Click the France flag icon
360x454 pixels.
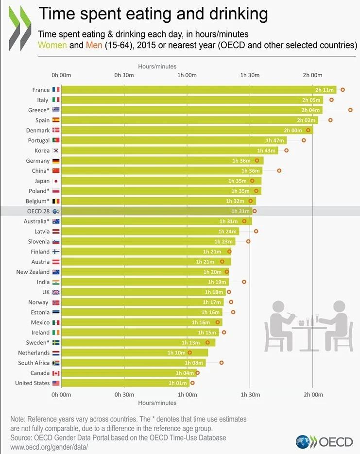point(56,90)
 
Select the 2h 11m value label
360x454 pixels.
point(325,90)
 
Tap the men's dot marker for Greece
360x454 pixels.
point(350,110)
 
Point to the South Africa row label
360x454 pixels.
point(34,363)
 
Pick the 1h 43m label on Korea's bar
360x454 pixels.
point(267,151)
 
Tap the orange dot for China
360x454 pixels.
point(279,171)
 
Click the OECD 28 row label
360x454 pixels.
point(37,211)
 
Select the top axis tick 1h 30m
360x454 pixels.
point(250,75)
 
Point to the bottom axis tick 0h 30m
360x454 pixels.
point(124,395)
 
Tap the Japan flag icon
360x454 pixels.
point(56,181)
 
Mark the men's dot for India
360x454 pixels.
point(244,282)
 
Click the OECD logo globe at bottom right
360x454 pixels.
point(304,442)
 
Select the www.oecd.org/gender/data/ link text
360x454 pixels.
point(49,446)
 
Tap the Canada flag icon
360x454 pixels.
point(56,373)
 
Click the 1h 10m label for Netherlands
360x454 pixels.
point(176,353)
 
